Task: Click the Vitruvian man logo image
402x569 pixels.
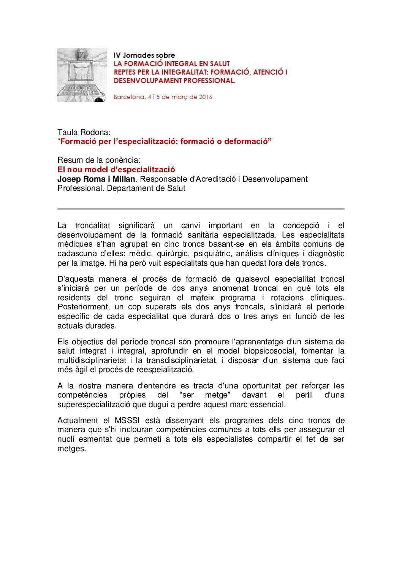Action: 82,75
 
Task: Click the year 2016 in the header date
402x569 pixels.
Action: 206,97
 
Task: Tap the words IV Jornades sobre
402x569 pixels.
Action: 144,55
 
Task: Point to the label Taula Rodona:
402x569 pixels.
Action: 84,132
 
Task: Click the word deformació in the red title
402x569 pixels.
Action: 247,141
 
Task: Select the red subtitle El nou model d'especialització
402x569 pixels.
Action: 116,170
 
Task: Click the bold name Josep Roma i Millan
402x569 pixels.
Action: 96,179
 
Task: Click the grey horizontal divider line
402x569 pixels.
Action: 201,209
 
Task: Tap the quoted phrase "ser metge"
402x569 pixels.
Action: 205,395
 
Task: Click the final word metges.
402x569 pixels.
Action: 71,449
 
